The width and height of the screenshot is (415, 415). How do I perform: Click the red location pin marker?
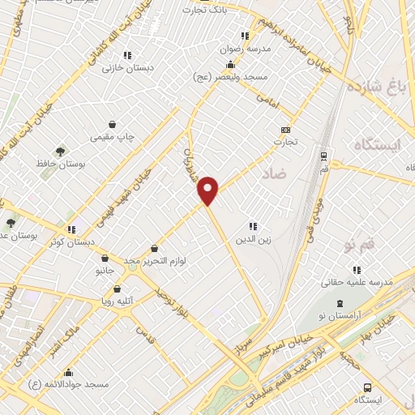pos(209,190)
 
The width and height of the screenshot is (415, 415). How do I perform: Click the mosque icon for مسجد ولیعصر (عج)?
pos(231,64)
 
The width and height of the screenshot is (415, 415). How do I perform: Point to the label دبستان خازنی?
pos(123,68)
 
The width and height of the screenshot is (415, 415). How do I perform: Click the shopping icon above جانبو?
pos(105,259)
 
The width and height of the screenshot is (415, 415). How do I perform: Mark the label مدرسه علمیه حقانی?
pos(357,282)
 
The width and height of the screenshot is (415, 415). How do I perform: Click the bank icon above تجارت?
pos(285,130)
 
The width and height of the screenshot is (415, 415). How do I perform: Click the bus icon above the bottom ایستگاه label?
pos(368,387)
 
